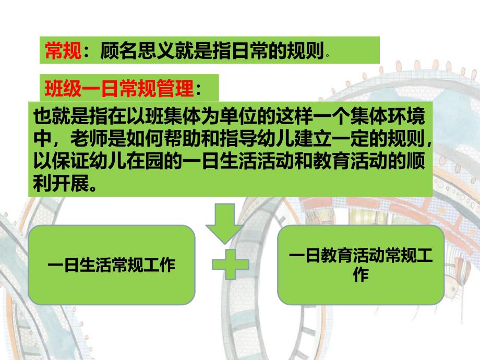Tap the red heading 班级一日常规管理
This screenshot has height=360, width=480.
click(x=118, y=88)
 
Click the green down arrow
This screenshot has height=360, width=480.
click(x=225, y=224)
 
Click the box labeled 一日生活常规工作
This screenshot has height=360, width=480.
click(x=112, y=265)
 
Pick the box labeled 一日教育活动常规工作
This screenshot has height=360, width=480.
click(x=361, y=265)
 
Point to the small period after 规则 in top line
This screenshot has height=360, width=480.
click(x=327, y=54)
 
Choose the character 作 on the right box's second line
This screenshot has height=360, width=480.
click(x=361, y=275)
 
